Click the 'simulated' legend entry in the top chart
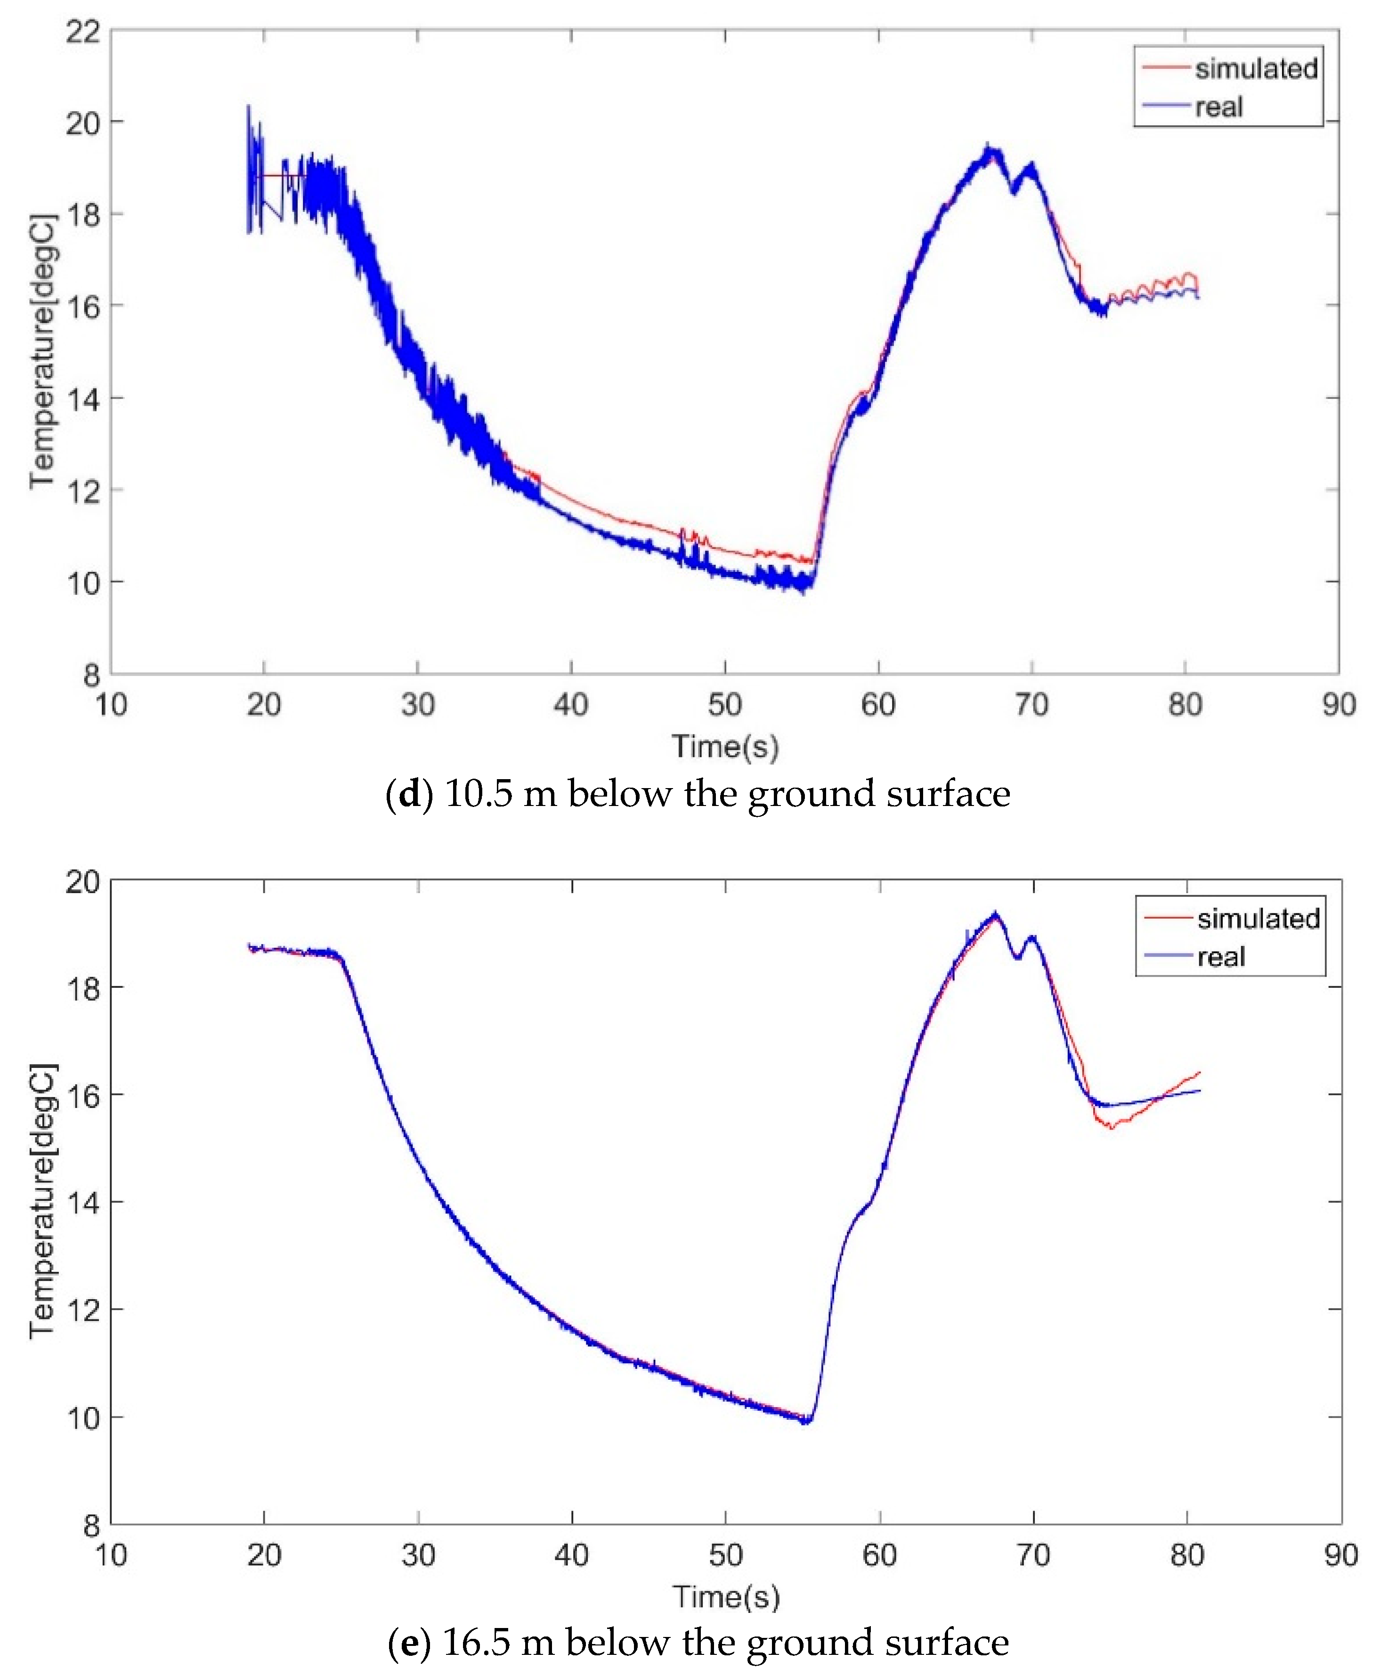coord(1256,69)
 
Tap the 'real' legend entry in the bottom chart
coord(1221,957)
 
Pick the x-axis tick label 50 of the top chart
coord(724,705)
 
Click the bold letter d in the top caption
coord(409,794)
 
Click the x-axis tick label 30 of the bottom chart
coord(417,1555)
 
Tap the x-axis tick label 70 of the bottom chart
coord(1032,1555)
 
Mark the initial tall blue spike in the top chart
coord(248,107)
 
